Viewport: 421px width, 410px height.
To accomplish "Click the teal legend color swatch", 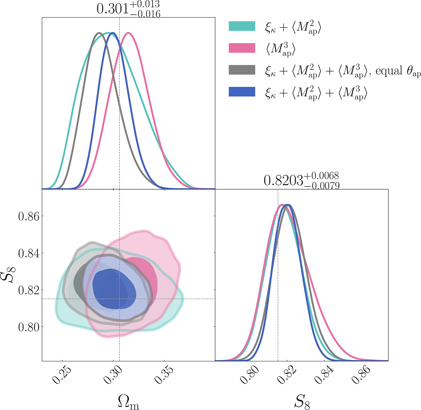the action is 242,26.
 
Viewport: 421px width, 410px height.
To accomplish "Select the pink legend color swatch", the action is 242,48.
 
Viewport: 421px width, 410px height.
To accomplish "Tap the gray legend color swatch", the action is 242,70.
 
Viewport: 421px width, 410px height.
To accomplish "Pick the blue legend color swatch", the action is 242,91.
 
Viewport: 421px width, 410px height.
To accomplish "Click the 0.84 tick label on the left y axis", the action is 29,253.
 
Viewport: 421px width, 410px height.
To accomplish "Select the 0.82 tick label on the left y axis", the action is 29,290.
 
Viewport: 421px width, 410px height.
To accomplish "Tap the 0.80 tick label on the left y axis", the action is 29,327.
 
